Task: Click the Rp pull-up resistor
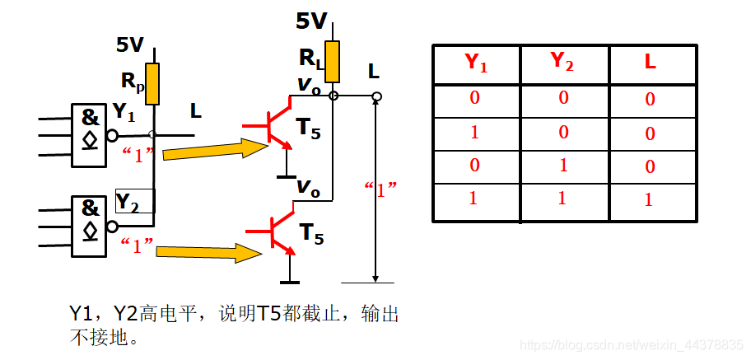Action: point(152,84)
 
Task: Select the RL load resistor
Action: point(333,62)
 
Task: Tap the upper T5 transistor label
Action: point(309,129)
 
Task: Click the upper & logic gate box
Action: point(90,129)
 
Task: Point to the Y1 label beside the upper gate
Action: point(124,111)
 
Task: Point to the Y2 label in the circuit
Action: point(128,201)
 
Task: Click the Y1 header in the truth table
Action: point(476,63)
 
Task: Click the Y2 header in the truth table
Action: point(563,62)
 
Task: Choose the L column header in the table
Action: point(650,63)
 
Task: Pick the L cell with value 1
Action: point(650,200)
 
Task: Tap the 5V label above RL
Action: point(311,21)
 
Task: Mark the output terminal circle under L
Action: point(375,97)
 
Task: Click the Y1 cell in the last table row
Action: point(474,199)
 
